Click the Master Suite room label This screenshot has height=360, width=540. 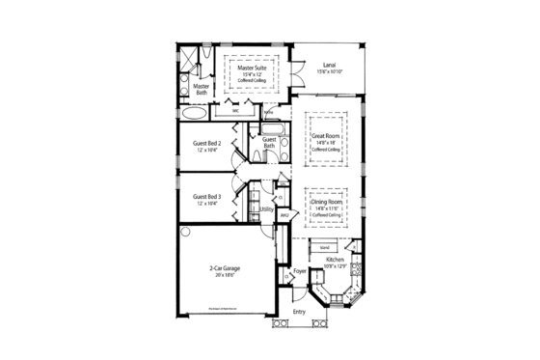253,68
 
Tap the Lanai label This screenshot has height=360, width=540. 330,65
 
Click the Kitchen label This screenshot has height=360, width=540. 334,261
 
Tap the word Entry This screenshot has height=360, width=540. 299,312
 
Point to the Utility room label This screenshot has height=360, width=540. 267,208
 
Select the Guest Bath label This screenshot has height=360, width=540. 269,143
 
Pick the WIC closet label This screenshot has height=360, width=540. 234,112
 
